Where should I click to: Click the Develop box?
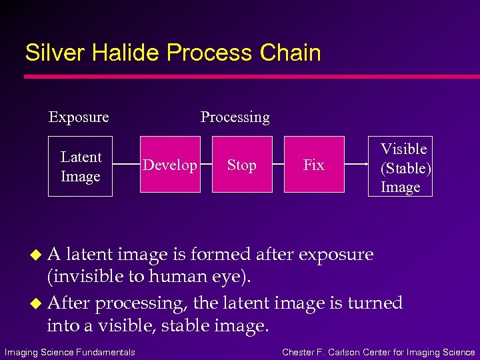click(170, 165)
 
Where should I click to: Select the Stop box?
click(242, 165)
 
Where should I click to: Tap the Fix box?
click(314, 165)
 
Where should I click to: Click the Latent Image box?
click(80, 166)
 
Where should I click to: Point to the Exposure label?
click(79, 117)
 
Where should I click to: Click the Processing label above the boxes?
click(235, 117)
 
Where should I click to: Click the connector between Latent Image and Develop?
click(126, 164)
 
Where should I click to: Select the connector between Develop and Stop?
click(206, 164)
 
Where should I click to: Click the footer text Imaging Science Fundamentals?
click(70, 352)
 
